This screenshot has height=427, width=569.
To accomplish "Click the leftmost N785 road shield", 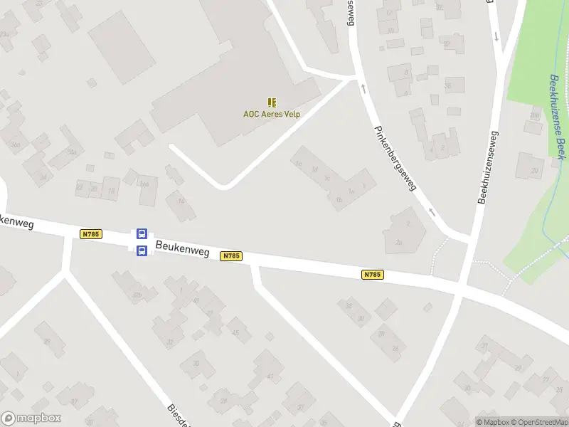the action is pos(91,233).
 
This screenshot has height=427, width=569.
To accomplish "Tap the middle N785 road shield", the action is pos(230,255).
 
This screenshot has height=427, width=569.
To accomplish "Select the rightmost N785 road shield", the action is pos(373,275).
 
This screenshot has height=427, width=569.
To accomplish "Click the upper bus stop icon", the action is pos(142,233).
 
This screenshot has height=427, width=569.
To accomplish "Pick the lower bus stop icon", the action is pos(142,250).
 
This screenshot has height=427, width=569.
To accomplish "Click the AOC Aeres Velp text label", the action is pos(272,114).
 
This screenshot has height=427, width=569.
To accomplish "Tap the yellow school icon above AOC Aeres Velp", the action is pos(272,102).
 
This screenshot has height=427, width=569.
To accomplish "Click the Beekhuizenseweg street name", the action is pos(489,167).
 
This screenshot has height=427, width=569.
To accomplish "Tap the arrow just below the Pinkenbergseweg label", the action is pos(430,211).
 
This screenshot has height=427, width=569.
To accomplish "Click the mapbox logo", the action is pos(30,418).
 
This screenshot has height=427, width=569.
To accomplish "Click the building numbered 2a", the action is pos(399,243).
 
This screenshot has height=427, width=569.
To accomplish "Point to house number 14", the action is pos(181,201).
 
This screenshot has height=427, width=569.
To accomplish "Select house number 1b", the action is pos(339,201).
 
